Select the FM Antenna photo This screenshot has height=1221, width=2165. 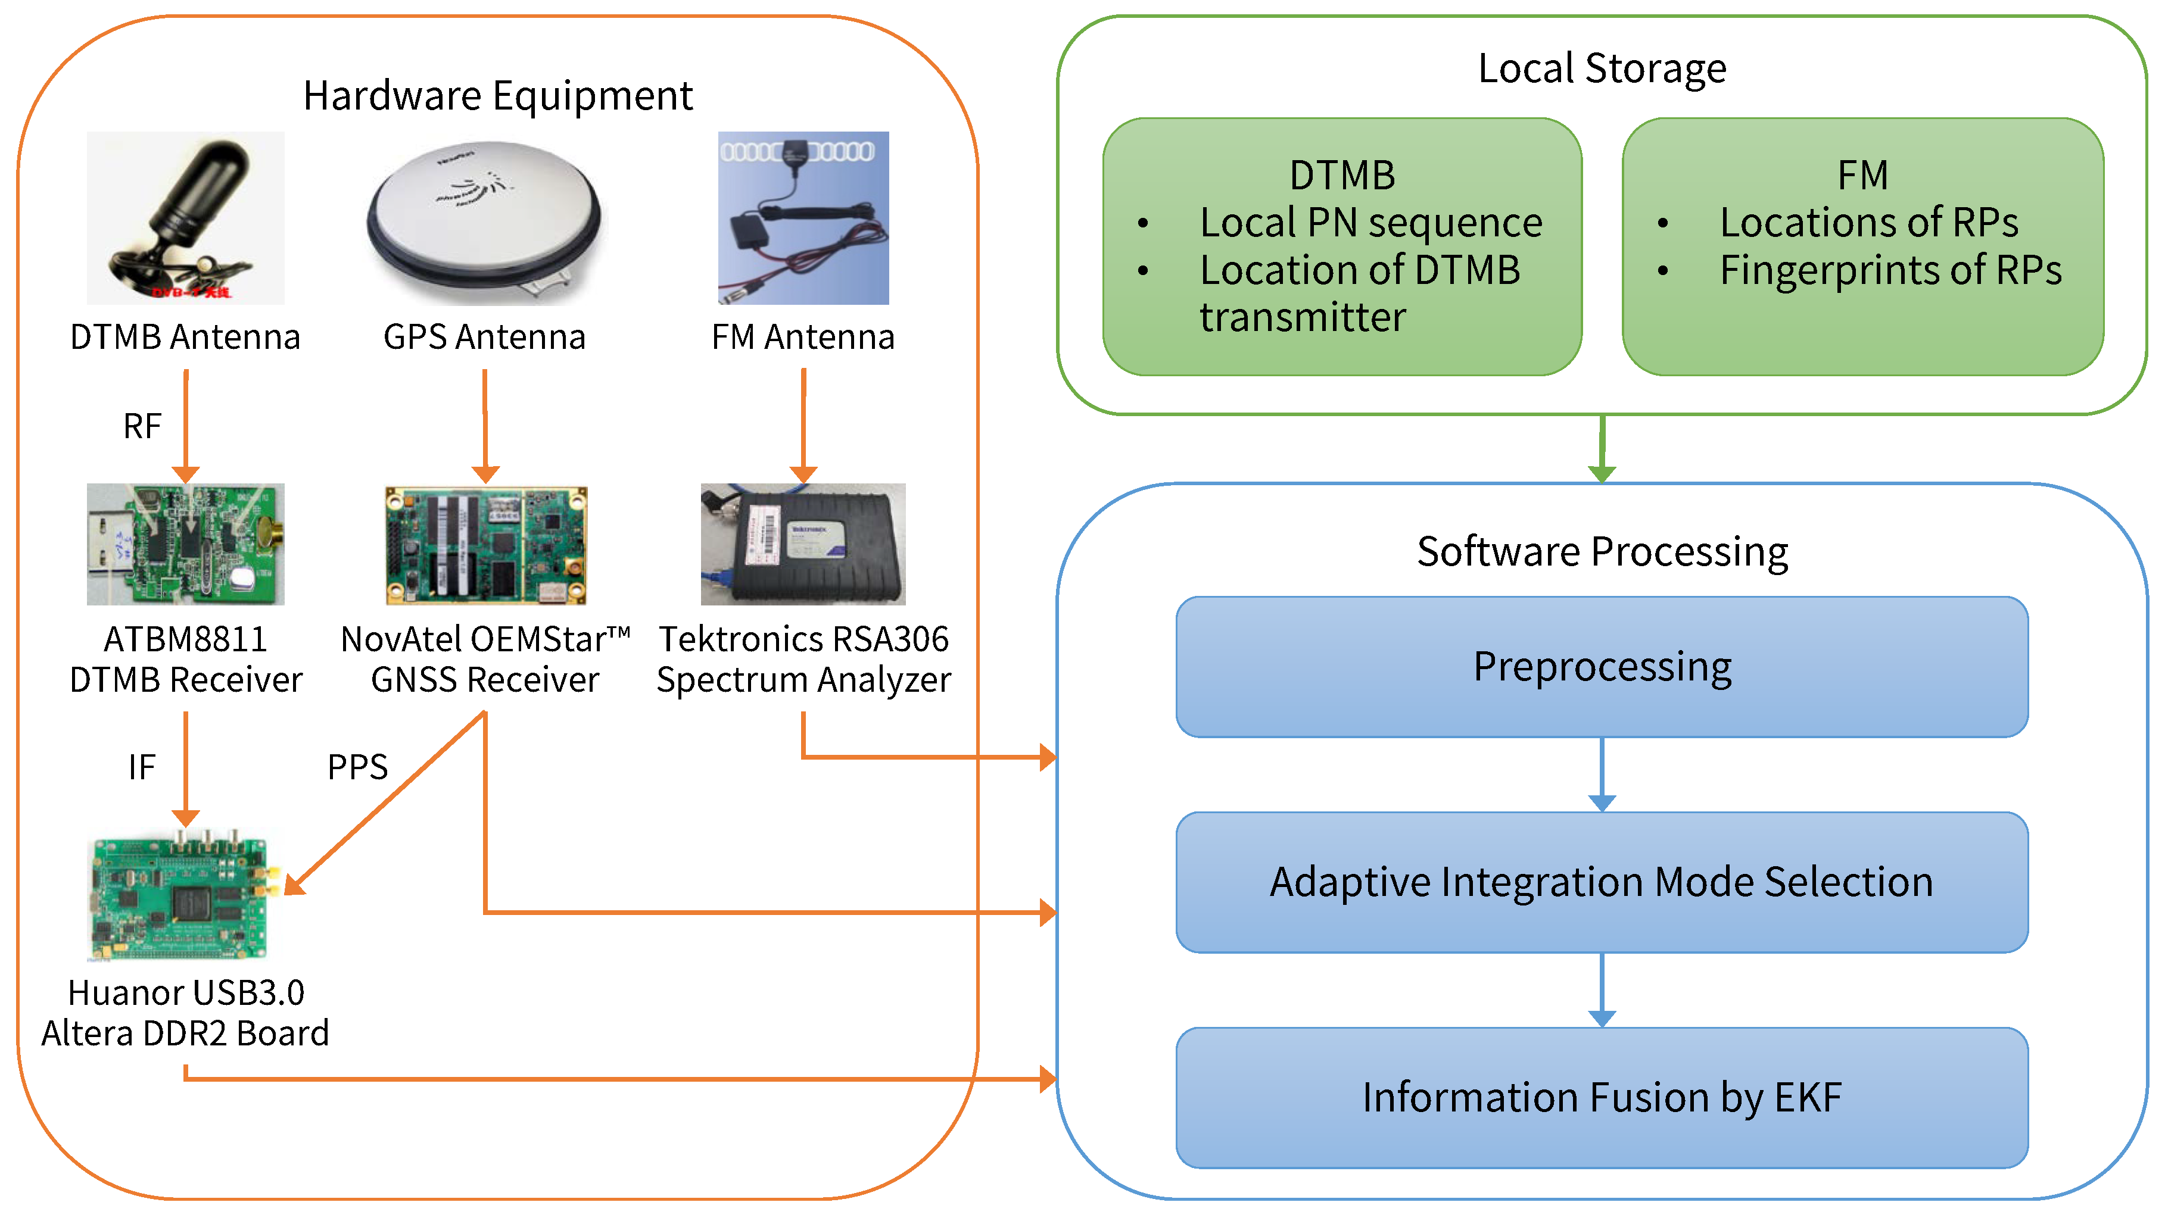(803, 218)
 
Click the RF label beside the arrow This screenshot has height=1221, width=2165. (141, 426)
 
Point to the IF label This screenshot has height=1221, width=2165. (141, 766)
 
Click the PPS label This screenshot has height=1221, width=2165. (357, 766)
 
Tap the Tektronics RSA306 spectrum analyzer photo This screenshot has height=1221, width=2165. (803, 544)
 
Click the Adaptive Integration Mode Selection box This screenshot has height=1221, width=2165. (1602, 882)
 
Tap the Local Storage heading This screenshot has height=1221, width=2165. (1602, 68)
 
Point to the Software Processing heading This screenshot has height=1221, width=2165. (1602, 552)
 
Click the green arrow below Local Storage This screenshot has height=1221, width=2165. (1602, 449)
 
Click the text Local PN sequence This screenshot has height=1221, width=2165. (1371, 223)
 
